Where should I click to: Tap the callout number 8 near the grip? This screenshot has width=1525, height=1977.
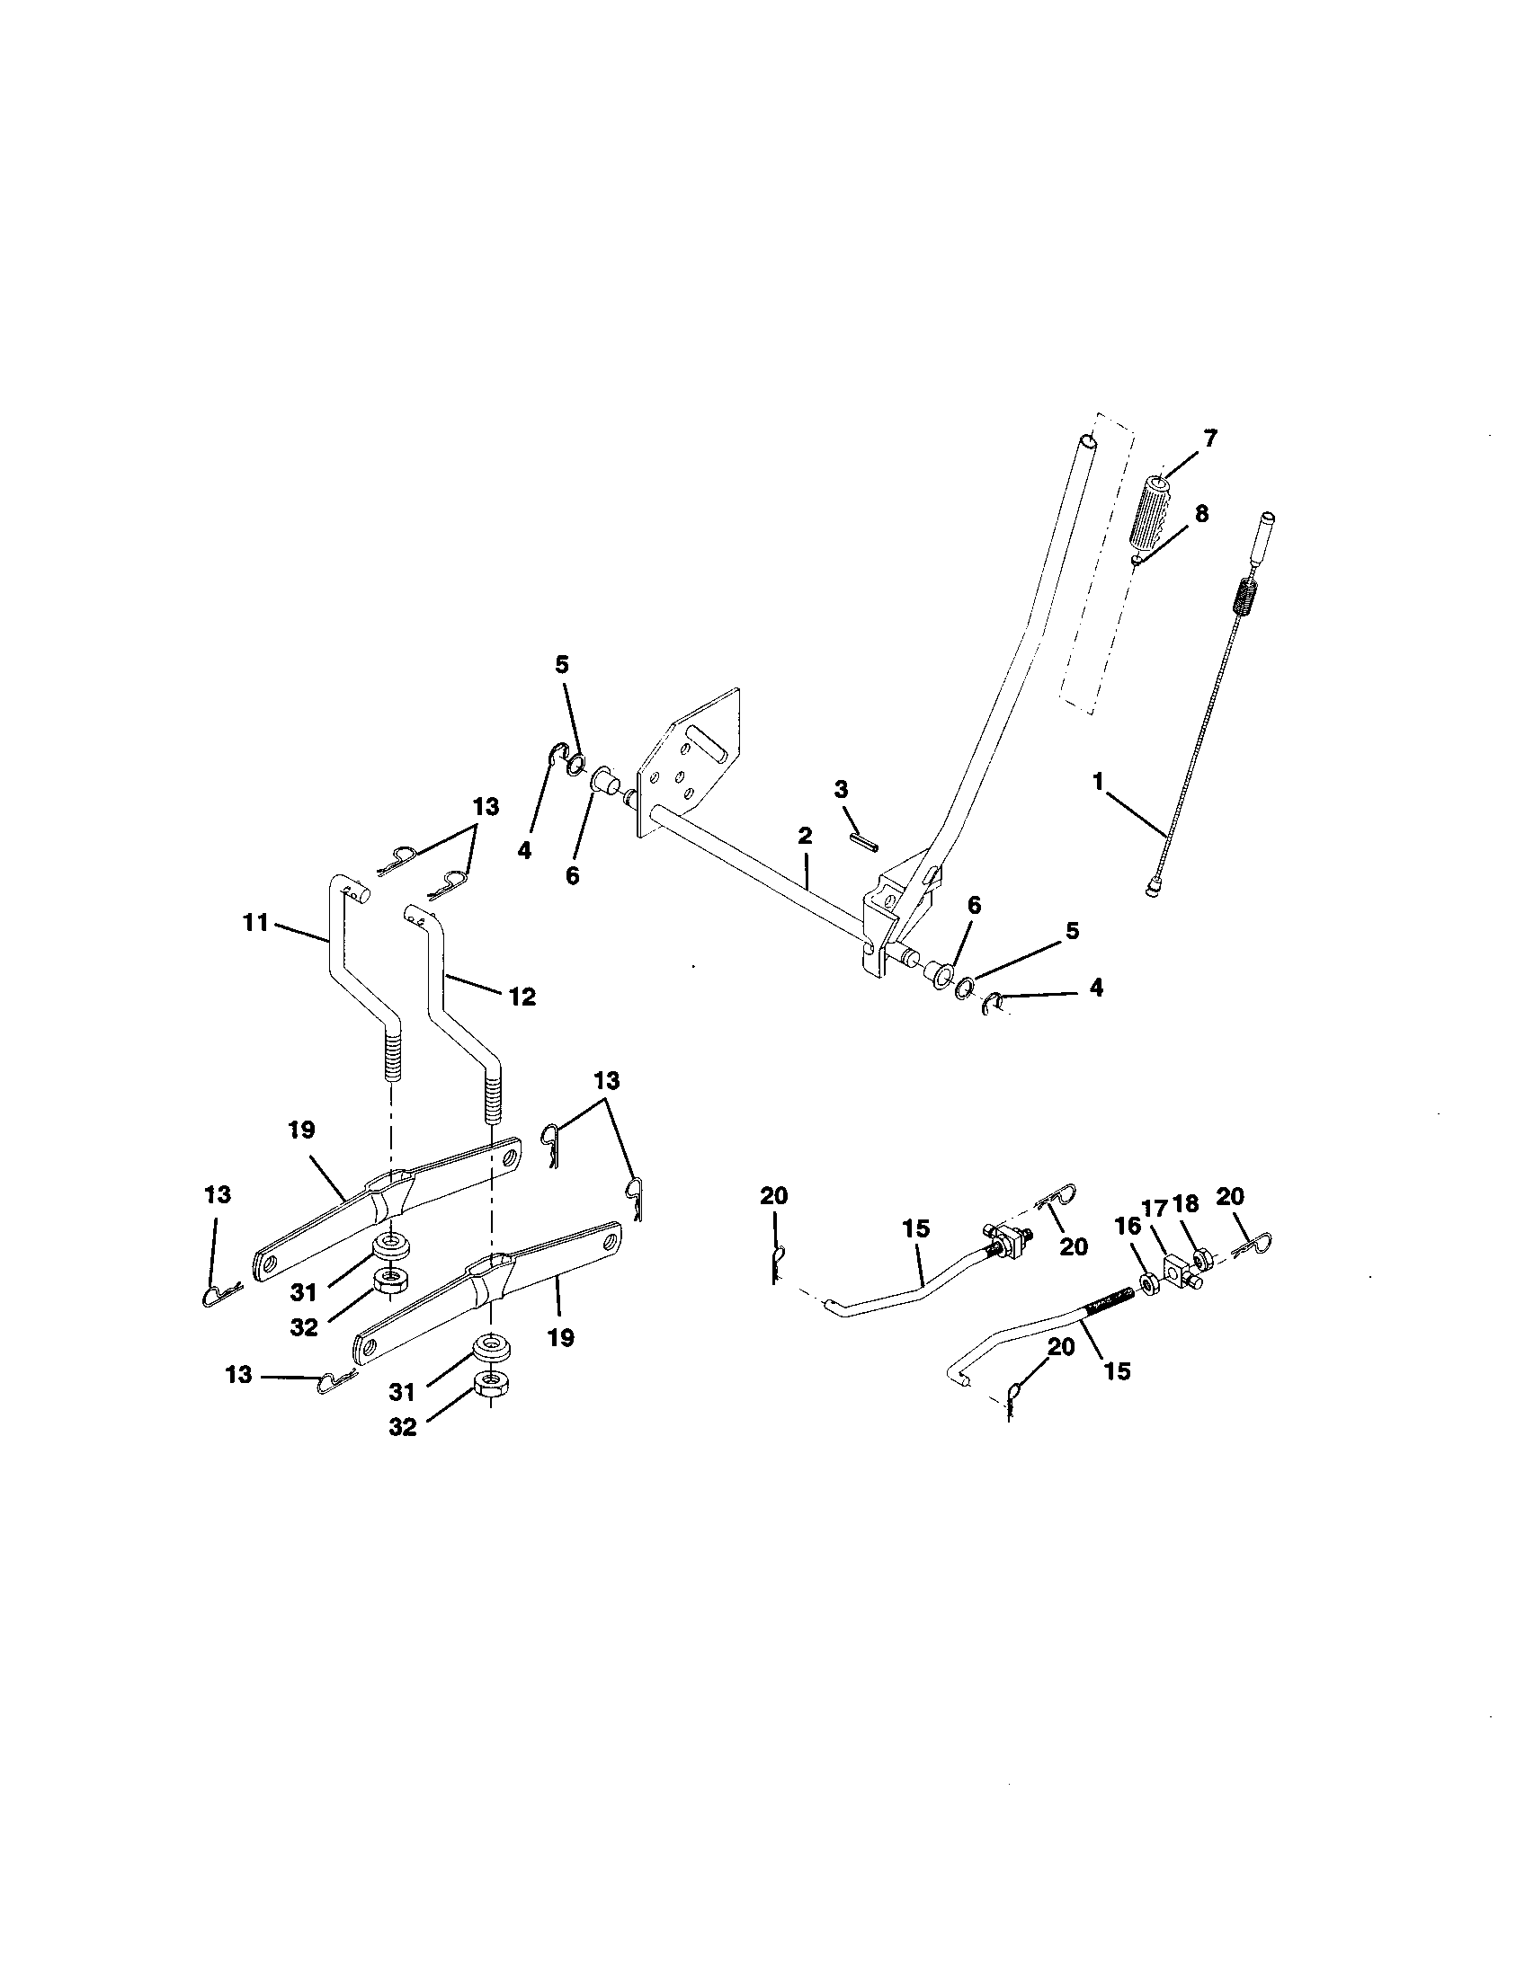pyautogui.click(x=1200, y=514)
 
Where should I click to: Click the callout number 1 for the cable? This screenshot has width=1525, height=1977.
pyautogui.click(x=1099, y=782)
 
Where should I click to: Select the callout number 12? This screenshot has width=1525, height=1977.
pyautogui.click(x=522, y=997)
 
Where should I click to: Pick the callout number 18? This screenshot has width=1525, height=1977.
pyautogui.click(x=1185, y=1204)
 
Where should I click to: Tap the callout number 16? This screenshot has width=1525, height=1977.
pyautogui.click(x=1128, y=1228)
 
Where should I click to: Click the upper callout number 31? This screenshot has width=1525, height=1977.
pyautogui.click(x=302, y=1290)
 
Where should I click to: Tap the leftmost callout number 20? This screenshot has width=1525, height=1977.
pyautogui.click(x=774, y=1196)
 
